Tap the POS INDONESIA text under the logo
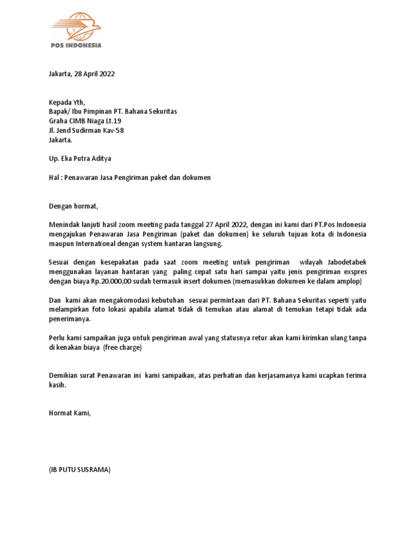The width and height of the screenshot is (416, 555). (x=76, y=46)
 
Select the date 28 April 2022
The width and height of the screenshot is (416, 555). (x=95, y=74)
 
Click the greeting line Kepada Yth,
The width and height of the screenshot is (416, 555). (x=67, y=102)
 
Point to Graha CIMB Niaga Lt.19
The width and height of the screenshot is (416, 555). (x=85, y=121)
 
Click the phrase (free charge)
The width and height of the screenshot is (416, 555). (x=122, y=347)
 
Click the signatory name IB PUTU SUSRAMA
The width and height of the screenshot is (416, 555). (x=80, y=470)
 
